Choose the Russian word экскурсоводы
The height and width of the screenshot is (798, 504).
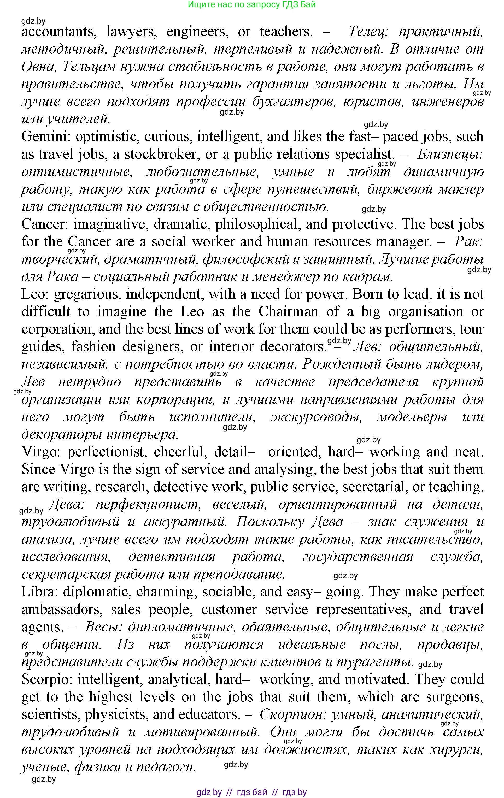316,417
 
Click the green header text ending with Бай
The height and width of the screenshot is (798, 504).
252,5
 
